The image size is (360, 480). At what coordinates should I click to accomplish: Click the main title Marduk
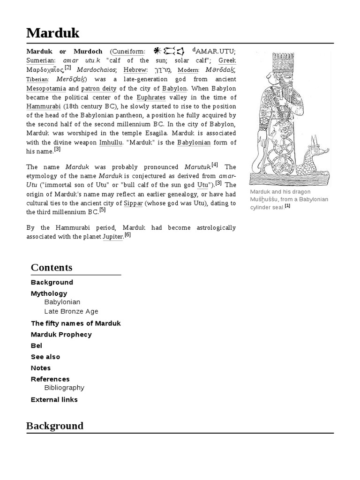(x=53, y=33)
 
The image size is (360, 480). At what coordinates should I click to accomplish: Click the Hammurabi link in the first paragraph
(x=40, y=106)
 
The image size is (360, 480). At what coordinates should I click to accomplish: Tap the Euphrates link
(x=151, y=97)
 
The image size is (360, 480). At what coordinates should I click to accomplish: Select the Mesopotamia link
(x=46, y=88)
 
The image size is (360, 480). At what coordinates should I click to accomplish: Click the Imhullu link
(x=111, y=142)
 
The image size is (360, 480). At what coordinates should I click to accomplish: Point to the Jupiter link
(x=112, y=236)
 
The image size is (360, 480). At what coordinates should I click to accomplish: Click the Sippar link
(x=133, y=203)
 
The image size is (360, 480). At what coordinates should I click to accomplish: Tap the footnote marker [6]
(x=127, y=235)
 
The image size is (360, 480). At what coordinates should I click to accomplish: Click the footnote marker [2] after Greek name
(x=67, y=67)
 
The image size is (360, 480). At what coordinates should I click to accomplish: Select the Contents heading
(x=52, y=268)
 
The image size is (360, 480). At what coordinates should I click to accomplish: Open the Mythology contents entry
(x=49, y=293)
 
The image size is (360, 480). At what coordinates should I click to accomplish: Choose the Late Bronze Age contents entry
(x=71, y=311)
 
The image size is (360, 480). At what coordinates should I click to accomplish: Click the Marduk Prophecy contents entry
(x=61, y=334)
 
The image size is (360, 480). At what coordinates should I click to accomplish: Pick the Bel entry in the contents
(x=37, y=345)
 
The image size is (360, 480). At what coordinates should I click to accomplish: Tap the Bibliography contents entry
(x=64, y=388)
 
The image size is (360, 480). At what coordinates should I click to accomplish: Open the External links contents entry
(x=54, y=399)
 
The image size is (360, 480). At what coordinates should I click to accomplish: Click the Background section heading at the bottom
(x=55, y=426)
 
